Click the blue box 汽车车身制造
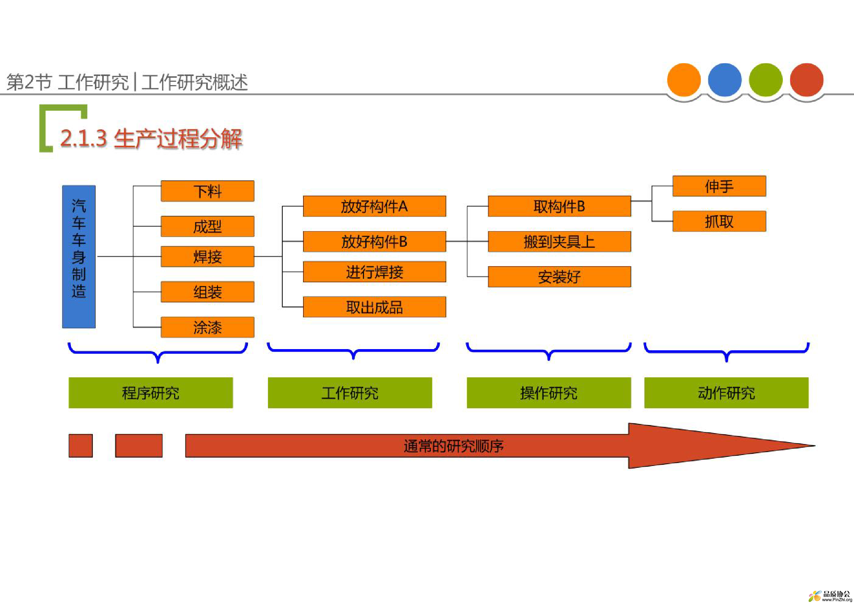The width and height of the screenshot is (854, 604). (79, 257)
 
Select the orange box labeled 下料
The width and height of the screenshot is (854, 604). (207, 191)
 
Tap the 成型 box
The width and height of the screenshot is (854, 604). (207, 226)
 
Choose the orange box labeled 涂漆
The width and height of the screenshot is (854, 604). (207, 327)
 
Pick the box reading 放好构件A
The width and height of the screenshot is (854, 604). (375, 206)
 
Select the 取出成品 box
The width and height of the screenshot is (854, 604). (375, 307)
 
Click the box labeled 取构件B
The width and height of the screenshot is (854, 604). (559, 206)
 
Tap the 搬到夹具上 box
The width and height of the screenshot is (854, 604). (559, 242)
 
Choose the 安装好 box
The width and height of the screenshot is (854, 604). (559, 277)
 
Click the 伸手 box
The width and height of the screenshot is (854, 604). (719, 186)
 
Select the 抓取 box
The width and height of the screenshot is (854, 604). (719, 221)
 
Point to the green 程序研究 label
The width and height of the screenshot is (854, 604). (151, 393)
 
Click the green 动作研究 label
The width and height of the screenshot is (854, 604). (727, 393)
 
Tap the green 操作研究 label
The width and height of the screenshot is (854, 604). (549, 393)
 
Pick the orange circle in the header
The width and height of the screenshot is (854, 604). (684, 80)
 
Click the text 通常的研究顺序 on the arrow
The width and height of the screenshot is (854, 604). (454, 446)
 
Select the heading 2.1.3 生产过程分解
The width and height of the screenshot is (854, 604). (152, 139)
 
